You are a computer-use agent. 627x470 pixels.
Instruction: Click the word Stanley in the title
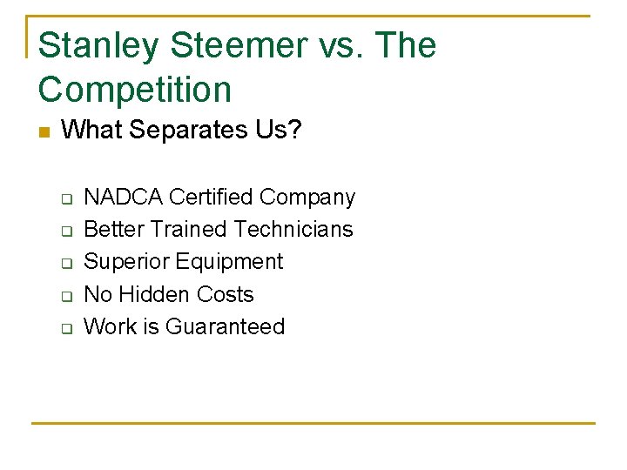coord(97,45)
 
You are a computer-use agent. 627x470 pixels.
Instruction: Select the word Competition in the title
coord(135,90)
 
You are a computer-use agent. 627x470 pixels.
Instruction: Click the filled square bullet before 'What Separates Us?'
coord(45,132)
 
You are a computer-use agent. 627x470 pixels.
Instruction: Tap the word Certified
coord(211,198)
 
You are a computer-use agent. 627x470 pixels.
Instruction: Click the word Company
coord(307,198)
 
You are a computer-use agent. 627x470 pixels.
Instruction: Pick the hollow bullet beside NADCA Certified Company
coord(65,198)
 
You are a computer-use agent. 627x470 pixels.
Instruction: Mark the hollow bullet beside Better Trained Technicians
coord(65,232)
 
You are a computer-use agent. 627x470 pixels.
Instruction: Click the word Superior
coord(126,263)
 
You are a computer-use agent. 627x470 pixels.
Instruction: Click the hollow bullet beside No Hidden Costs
coord(65,297)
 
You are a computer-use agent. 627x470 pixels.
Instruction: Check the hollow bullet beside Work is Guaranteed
coord(65,329)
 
